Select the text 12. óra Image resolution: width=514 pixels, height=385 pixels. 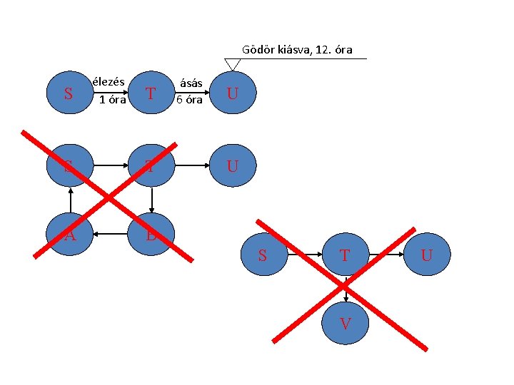[333, 50]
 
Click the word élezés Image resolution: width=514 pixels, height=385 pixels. [109, 81]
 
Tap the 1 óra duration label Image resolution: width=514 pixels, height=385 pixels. [113, 99]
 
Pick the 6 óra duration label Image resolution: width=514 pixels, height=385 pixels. [190, 99]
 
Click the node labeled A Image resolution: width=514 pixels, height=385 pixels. [69, 234]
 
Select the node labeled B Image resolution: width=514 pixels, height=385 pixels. [152, 234]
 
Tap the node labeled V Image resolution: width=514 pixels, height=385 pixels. [346, 324]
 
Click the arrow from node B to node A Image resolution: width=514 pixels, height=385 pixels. [111, 234]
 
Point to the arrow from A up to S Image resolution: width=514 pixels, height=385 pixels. [69, 200]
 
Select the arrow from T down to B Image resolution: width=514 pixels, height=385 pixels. [152, 200]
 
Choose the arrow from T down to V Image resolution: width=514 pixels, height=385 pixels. [346, 289]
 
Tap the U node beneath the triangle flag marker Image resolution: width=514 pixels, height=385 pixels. [233, 93]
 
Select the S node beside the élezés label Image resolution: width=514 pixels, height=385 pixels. [69, 93]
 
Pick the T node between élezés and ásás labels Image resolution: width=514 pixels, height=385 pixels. [150, 93]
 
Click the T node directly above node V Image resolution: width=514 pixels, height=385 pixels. [345, 255]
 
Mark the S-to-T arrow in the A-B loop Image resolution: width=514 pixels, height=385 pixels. [111, 165]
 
